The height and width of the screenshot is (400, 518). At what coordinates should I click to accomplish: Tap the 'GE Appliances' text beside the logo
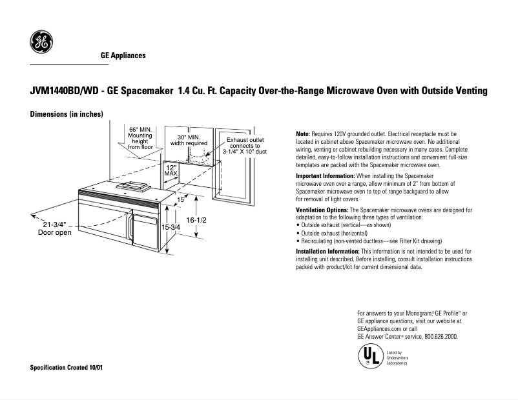pos(123,55)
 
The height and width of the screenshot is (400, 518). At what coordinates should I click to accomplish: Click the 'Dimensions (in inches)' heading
pos(67,114)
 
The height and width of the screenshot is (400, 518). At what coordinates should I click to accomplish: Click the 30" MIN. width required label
pos(189,140)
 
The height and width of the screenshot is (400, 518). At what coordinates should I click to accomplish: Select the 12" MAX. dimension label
pos(171,170)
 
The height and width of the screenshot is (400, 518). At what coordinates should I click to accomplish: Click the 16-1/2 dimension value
pos(196,220)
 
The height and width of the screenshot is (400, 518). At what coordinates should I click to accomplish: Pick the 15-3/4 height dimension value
pos(171,228)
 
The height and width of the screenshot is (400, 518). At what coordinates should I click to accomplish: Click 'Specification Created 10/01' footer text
pos(67,368)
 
